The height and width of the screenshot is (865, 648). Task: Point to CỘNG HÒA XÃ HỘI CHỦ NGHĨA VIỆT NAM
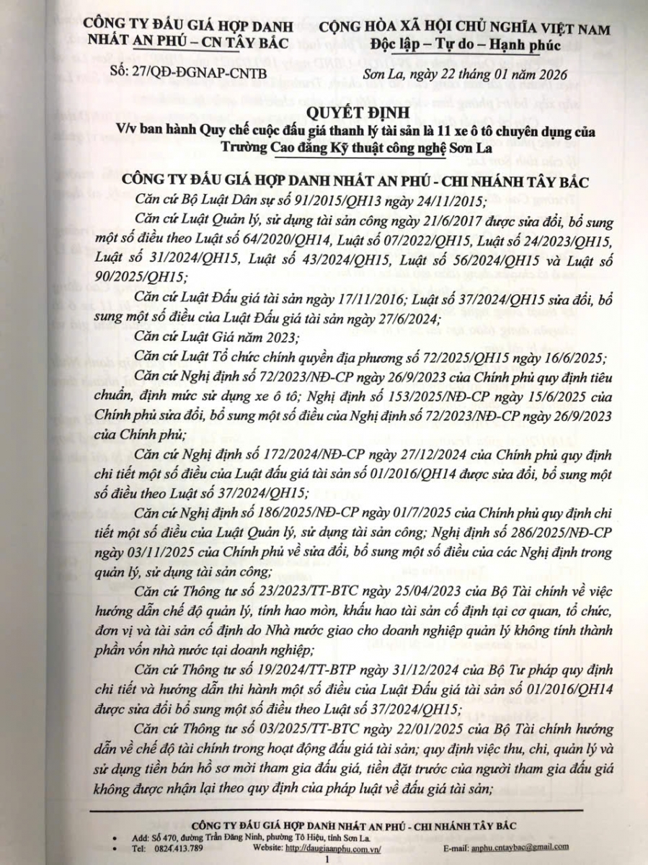pyautogui.click(x=464, y=30)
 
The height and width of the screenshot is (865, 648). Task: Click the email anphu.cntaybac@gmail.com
pyautogui.click(x=516, y=848)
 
